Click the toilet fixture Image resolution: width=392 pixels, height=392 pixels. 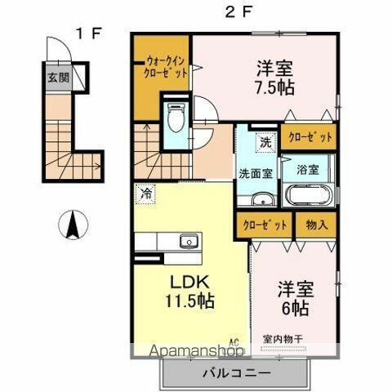[176, 119]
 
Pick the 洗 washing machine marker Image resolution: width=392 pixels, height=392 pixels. [265, 142]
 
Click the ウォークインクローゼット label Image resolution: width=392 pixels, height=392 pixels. [167, 65]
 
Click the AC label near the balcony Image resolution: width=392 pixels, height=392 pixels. [234, 342]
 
